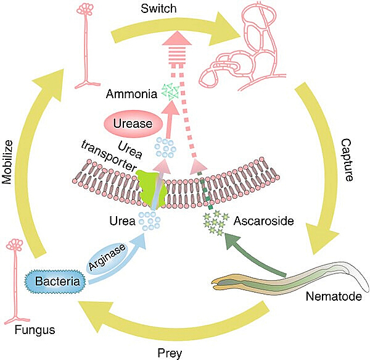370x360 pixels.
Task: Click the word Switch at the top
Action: coord(158,9)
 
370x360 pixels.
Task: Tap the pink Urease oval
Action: coord(133,123)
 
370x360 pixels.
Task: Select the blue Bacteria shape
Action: coord(55,282)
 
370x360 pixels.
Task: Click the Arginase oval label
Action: coord(107,257)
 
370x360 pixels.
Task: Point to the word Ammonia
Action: coord(131,94)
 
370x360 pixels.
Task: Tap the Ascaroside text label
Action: coord(263,221)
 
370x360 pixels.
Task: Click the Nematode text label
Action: coord(334,296)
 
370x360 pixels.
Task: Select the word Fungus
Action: coord(35,330)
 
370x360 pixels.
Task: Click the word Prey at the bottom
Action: coord(170,354)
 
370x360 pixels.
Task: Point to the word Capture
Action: coord(347,160)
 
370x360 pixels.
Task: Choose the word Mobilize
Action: coord(7,162)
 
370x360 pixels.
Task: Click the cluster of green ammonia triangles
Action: coord(170,91)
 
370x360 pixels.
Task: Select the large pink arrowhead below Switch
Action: coord(176,38)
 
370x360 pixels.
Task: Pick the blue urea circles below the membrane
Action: coord(149,221)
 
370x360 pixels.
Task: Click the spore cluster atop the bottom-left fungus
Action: coord(15,245)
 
